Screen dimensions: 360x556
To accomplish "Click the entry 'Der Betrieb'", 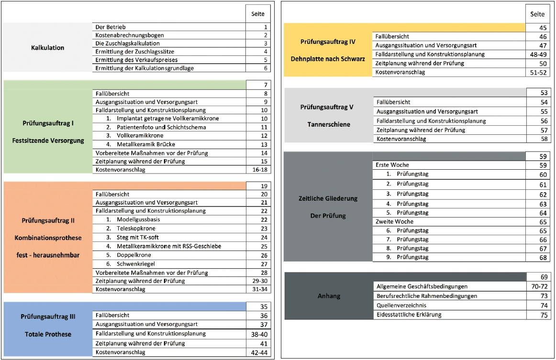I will point(111,27).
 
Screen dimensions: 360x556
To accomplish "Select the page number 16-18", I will point(258,170).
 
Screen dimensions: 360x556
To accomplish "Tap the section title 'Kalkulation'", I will point(47,48).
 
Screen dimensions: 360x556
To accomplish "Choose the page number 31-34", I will point(258,289).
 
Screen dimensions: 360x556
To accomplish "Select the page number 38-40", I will point(258,334).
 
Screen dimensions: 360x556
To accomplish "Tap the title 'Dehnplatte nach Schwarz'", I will point(328,59).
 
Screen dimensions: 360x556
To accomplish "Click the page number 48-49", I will point(537,55).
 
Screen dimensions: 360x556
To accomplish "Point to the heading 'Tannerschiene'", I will point(328,124).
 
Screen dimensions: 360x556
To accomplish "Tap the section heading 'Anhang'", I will point(329,296).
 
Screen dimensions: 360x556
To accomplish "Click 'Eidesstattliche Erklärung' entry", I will point(409,315).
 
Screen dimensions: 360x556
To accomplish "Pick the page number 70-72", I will point(537,286).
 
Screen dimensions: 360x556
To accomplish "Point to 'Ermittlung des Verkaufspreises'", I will point(136,60).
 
